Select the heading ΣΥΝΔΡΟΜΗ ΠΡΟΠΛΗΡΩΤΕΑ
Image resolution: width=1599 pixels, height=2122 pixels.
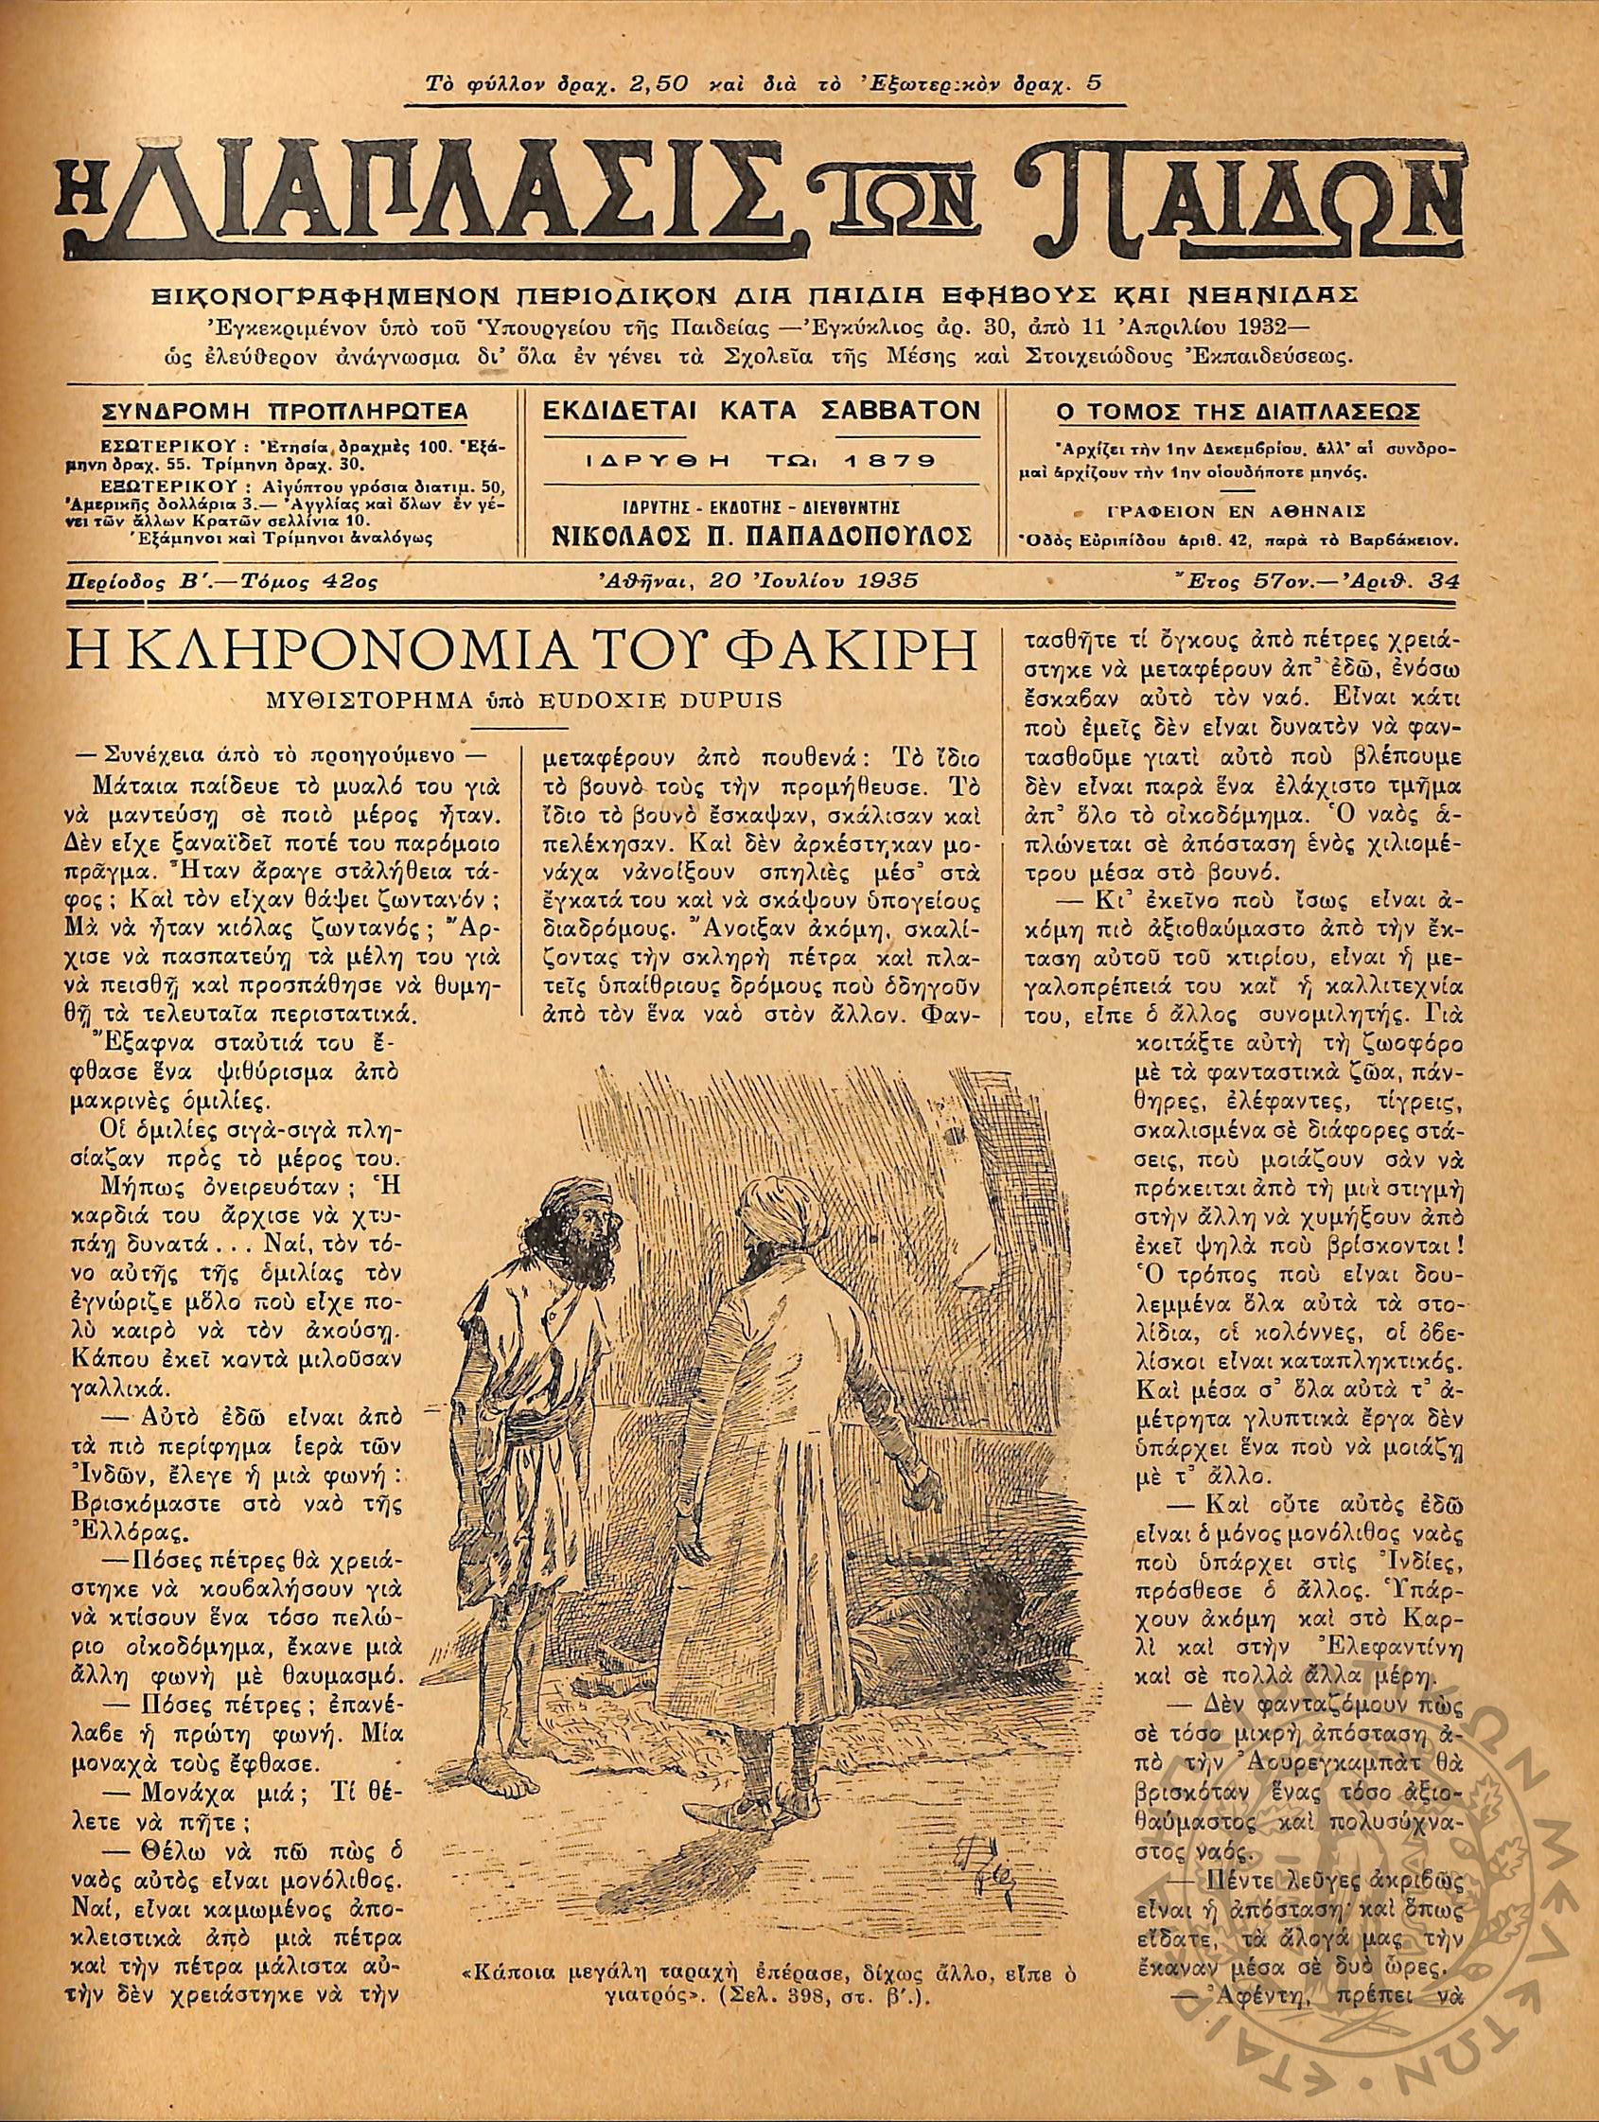[285, 413]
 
